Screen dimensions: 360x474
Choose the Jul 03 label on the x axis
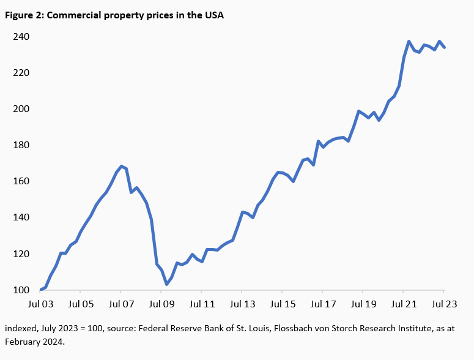40,304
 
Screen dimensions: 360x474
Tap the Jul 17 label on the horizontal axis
322,304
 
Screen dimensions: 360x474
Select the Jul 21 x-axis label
403,304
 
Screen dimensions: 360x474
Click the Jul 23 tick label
443,304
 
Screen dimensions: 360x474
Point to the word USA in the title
213,15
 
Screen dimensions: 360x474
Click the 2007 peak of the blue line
121,166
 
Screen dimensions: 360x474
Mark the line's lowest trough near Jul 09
166,284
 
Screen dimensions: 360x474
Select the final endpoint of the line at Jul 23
443,47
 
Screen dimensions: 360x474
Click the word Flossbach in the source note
289,329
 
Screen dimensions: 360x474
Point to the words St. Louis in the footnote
243,329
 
